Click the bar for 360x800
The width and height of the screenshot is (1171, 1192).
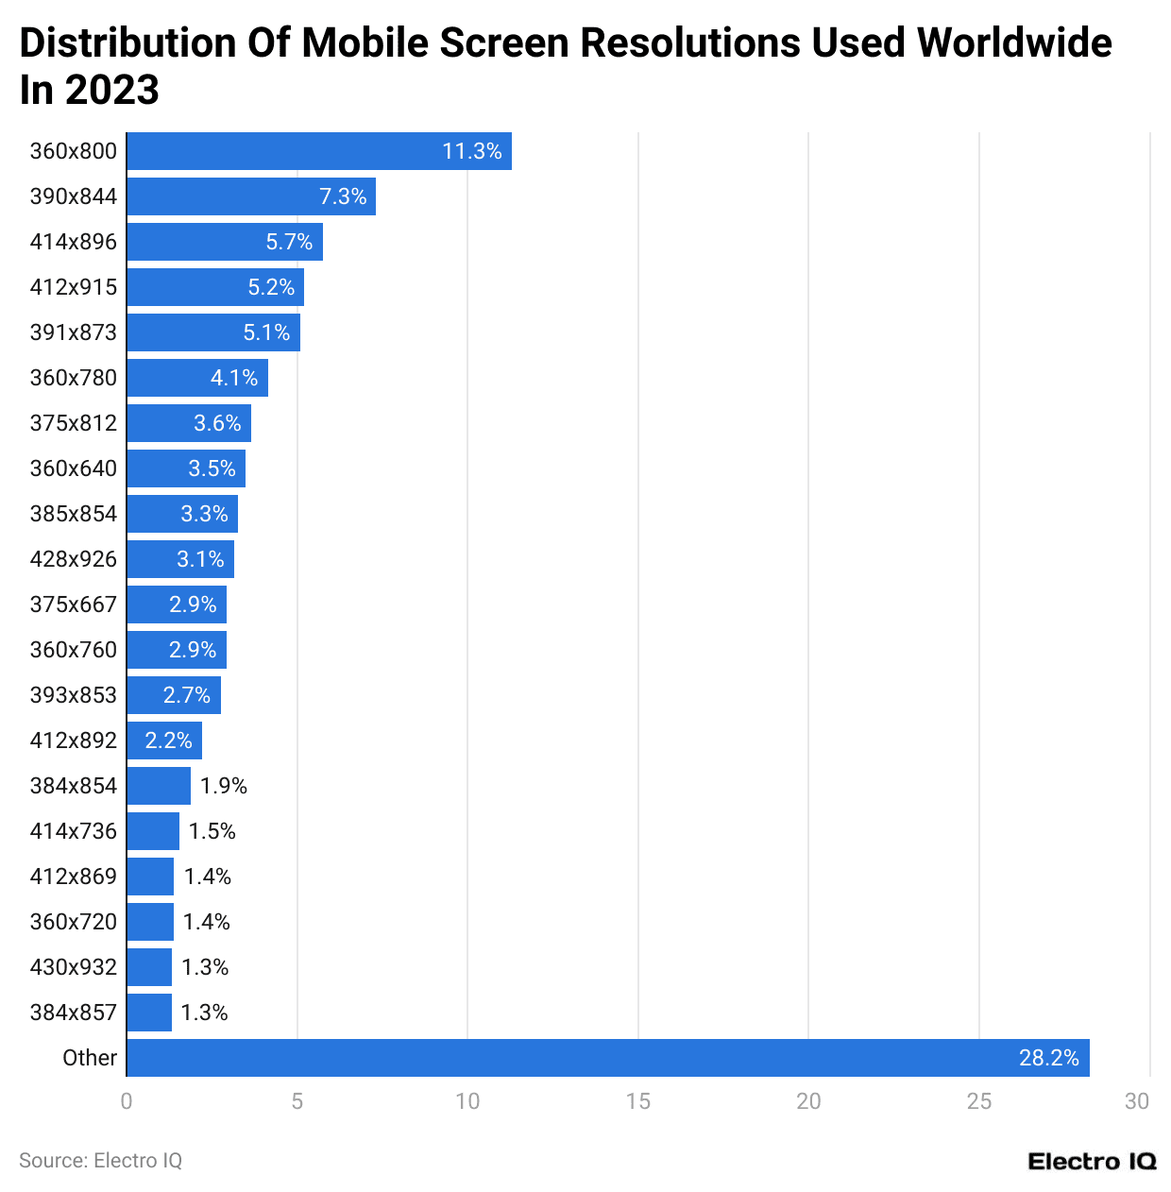click(x=319, y=151)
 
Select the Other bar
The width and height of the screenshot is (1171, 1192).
click(x=607, y=1058)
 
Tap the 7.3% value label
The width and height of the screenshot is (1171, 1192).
click(x=343, y=196)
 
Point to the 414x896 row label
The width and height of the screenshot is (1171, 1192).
click(x=74, y=242)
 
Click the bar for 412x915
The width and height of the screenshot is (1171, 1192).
click(x=215, y=287)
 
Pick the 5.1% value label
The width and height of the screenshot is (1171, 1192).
click(x=267, y=332)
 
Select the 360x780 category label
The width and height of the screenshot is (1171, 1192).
click(x=74, y=378)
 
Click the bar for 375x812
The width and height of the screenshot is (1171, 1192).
click(x=189, y=423)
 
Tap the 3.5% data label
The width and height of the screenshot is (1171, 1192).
click(x=212, y=468)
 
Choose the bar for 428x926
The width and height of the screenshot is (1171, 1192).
click(x=180, y=559)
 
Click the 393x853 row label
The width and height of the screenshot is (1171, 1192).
click(x=74, y=695)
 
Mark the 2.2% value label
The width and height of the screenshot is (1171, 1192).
click(x=169, y=741)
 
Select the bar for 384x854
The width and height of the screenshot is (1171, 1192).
click(x=159, y=786)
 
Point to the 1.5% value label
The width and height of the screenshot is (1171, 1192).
click(x=212, y=831)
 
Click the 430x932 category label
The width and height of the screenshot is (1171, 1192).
click(x=74, y=967)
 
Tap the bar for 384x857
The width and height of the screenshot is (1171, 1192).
click(x=149, y=1013)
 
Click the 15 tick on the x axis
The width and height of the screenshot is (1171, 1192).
click(x=638, y=1101)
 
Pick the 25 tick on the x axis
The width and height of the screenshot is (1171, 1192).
click(x=979, y=1101)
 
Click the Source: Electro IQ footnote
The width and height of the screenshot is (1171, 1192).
click(x=101, y=1161)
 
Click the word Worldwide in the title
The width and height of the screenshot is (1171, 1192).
click(x=1014, y=43)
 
